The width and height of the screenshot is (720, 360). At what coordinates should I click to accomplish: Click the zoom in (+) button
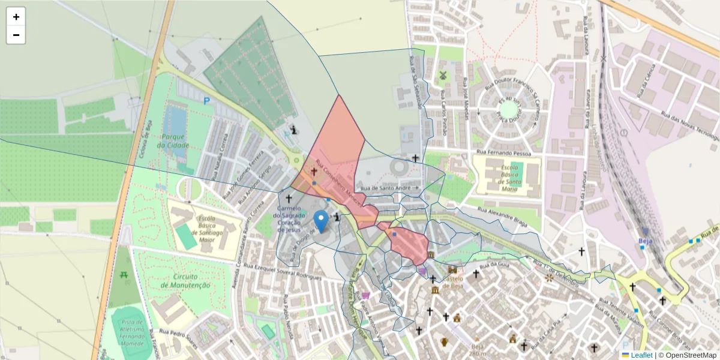coord(16,17)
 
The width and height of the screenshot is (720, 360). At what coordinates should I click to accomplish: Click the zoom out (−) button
coord(16,35)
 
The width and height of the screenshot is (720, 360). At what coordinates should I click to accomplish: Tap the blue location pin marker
coord(322,221)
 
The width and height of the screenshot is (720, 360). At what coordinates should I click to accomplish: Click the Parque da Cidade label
coord(173,140)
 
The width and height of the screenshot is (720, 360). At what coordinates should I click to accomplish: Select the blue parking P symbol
coord(207,101)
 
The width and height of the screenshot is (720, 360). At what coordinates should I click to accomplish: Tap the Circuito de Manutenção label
coord(185,281)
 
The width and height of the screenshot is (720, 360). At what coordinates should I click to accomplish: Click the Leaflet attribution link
coord(641,355)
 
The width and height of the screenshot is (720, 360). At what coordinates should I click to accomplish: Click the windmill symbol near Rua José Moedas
coord(443,76)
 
